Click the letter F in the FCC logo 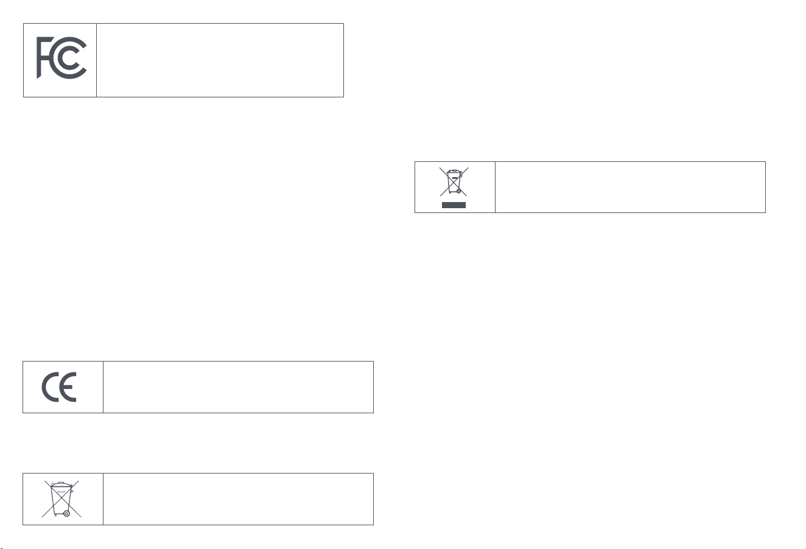click(39, 58)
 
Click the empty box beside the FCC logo click(220, 60)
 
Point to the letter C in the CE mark click(44, 387)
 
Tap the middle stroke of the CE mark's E click(69, 387)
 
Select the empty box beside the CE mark click(238, 387)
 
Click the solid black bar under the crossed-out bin click(454, 205)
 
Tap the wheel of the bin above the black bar click(458, 191)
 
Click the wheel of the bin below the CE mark click(66, 513)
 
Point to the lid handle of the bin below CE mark click(61, 483)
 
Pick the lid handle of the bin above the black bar click(454, 171)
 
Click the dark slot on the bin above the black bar click(455, 178)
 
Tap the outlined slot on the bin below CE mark click(61, 492)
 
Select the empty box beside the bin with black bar click(631, 187)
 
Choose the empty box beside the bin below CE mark click(238, 499)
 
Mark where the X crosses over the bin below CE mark click(61, 499)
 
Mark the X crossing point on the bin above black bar click(454, 181)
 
